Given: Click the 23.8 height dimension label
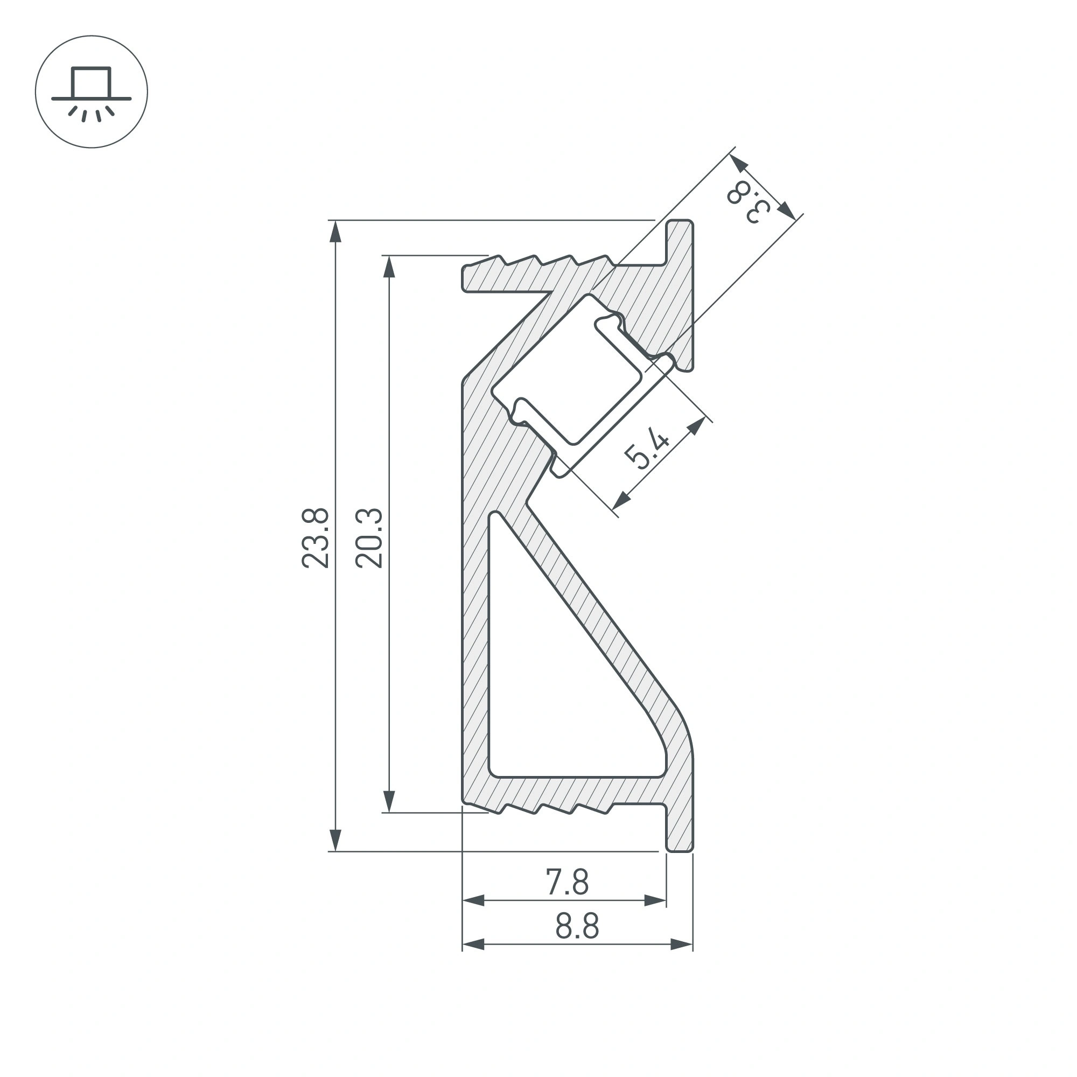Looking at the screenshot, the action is coord(315,537).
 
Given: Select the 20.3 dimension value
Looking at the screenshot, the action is coord(369,537).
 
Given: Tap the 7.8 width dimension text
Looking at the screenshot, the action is coord(567,882).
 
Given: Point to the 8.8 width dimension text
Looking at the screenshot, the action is coord(577,926).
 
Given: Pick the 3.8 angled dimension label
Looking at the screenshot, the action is coord(748,202).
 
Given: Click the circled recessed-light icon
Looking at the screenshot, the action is coord(92,92).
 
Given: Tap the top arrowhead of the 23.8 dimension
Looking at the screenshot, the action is coord(335,231).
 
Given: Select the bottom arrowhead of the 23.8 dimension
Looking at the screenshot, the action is coord(335,840).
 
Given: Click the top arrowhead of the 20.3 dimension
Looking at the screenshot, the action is coord(390,267).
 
